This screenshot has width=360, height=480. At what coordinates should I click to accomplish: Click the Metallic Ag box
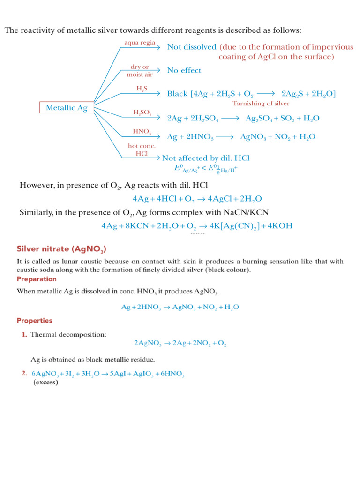pos(67,108)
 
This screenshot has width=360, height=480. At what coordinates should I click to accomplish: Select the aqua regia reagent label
pos(140,43)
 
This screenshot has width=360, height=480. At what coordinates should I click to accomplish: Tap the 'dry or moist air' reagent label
pos(140,71)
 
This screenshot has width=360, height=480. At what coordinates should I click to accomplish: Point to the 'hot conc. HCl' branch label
pos(142,150)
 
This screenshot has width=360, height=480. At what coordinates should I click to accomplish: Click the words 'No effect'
pos(184,70)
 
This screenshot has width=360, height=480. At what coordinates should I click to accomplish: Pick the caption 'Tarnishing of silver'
pos(261,103)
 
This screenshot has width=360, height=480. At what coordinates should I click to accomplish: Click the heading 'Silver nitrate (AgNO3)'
pos(64,248)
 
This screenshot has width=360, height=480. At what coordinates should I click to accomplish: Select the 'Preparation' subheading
pos(37,279)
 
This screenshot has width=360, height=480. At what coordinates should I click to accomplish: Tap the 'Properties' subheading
pos(34,321)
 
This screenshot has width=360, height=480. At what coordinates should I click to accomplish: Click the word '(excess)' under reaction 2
pos(45,382)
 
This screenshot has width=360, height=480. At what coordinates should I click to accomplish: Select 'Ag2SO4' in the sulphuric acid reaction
pos(257,119)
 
